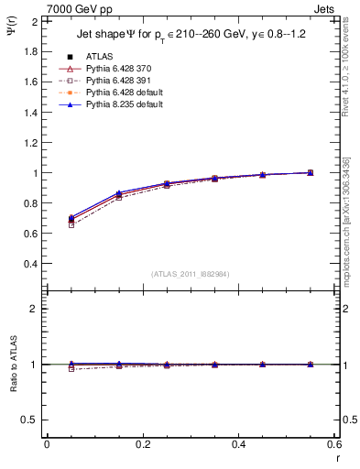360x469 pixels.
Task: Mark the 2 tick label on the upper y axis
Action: point(34,21)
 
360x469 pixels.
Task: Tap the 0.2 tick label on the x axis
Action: point(142,444)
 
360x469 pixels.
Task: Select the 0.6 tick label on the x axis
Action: point(334,444)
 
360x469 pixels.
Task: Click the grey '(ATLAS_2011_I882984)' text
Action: point(191,274)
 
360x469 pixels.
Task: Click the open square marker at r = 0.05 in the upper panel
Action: point(71,224)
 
